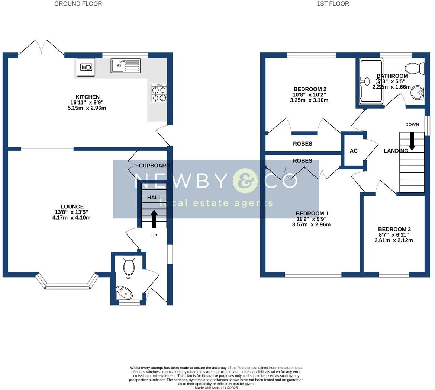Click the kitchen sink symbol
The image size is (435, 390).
[x=125, y=65]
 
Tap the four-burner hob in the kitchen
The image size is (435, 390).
[x=159, y=93]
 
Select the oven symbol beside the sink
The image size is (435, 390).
[x=86, y=67]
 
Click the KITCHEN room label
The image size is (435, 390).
[x=88, y=97]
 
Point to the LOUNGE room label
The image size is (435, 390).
[x=72, y=207]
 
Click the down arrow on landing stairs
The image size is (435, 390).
[x=412, y=142]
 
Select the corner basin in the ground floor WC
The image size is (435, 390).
[x=124, y=292]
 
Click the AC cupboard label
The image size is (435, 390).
[x=354, y=151]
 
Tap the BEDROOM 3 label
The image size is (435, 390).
[x=394, y=229]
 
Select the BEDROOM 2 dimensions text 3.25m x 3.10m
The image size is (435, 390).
[x=309, y=100]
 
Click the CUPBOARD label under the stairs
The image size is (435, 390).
[x=154, y=166]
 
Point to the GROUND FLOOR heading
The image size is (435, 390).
[x=78, y=4]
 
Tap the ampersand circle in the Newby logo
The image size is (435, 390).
[x=245, y=181]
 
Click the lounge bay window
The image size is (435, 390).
[x=68, y=286]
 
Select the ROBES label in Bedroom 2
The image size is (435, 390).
[x=303, y=144]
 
